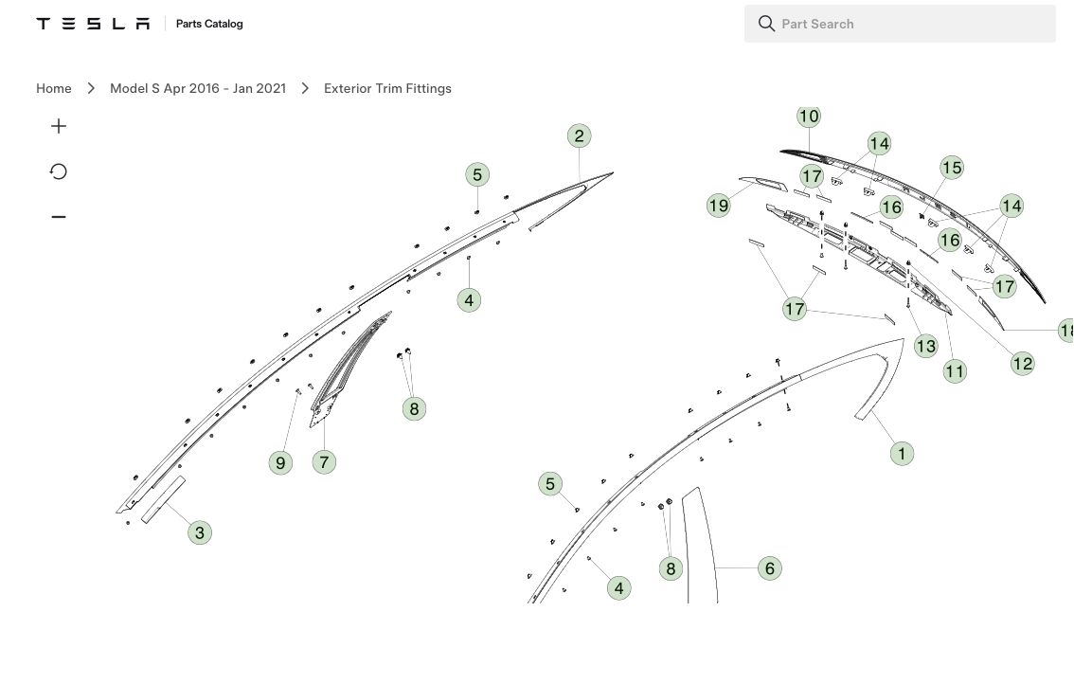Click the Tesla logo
click(93, 24)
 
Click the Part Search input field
click(900, 24)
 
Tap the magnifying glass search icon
click(766, 24)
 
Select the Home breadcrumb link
click(53, 88)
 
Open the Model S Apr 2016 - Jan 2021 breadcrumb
click(198, 88)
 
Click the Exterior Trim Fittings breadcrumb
click(387, 88)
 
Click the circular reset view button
click(58, 171)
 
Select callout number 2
click(580, 135)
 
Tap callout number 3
click(199, 532)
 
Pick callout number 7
click(324, 462)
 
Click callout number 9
click(280, 462)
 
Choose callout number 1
click(902, 453)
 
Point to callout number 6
click(770, 568)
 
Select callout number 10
click(809, 116)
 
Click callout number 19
click(719, 206)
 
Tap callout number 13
click(926, 346)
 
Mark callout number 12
click(1023, 363)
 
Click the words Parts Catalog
click(209, 24)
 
